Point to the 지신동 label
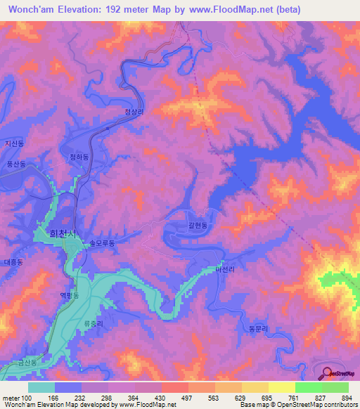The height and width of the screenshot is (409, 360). [x=15, y=143]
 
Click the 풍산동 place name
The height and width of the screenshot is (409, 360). [x=15, y=164]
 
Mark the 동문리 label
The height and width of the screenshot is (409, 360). [x=259, y=328]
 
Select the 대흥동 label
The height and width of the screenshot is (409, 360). [x=13, y=261]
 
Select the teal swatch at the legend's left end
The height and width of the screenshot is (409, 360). [x=41, y=387]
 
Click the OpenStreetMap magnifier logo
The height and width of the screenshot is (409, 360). [x=328, y=372]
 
